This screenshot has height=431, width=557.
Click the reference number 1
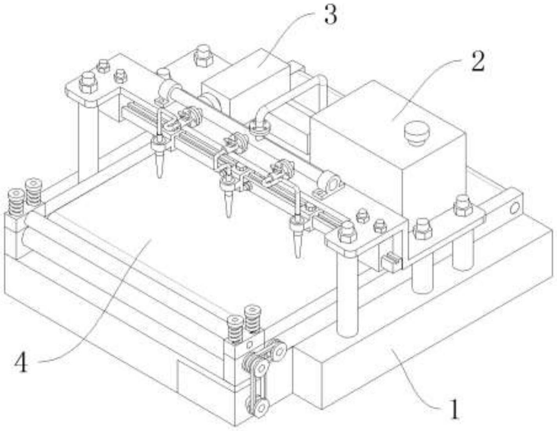pos(454,409)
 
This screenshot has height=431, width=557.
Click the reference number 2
pos(478,62)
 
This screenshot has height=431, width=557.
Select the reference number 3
pos(330,15)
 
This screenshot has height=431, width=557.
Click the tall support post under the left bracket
pos(88,142)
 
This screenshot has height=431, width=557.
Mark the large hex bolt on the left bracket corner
pos(88,83)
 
